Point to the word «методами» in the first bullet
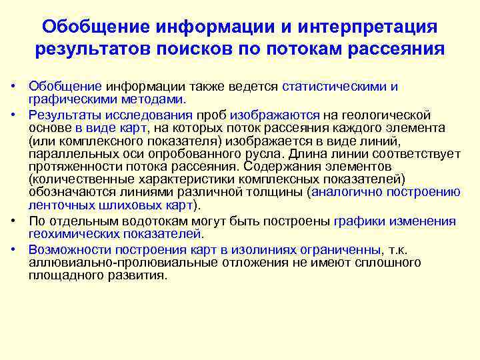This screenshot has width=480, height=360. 154,99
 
